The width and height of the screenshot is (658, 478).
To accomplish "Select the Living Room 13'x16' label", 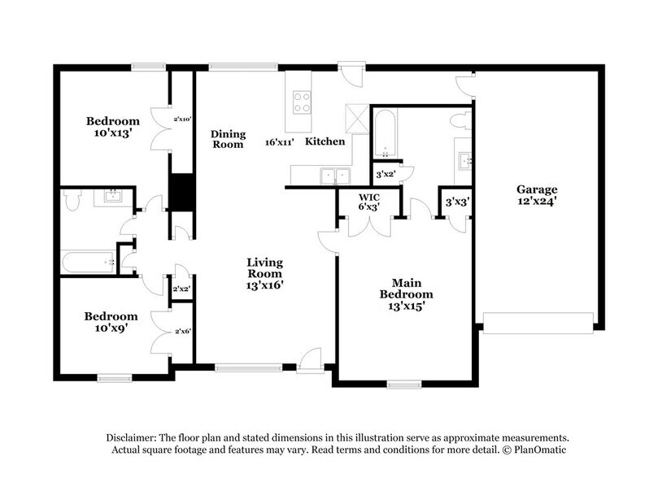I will (265, 273).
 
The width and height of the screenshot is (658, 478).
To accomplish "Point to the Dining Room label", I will (228, 139).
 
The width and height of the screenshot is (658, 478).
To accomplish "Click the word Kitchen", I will (325, 141).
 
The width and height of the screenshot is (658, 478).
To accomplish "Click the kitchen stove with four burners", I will (302, 101).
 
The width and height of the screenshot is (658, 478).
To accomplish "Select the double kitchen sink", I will (334, 175).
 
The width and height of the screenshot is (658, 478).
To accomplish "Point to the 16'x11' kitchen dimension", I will (280, 142).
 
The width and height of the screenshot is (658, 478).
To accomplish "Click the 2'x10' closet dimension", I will (182, 119).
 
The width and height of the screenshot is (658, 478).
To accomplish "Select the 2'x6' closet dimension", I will (182, 331).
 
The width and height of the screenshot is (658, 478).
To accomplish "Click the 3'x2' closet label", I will (384, 173).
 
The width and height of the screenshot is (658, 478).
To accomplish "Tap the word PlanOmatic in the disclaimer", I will (538, 450).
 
